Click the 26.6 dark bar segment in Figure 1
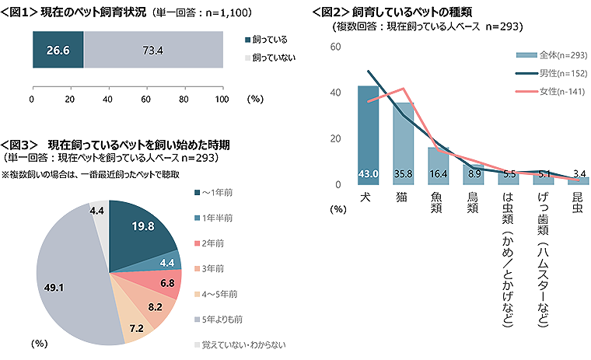(x=57, y=51)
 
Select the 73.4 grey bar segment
(x=152, y=51)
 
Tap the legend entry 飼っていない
(x=274, y=58)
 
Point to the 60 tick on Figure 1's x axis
(x=145, y=100)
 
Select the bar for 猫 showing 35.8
(x=403, y=143)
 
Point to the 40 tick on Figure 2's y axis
(x=335, y=93)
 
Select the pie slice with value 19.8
(x=142, y=228)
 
